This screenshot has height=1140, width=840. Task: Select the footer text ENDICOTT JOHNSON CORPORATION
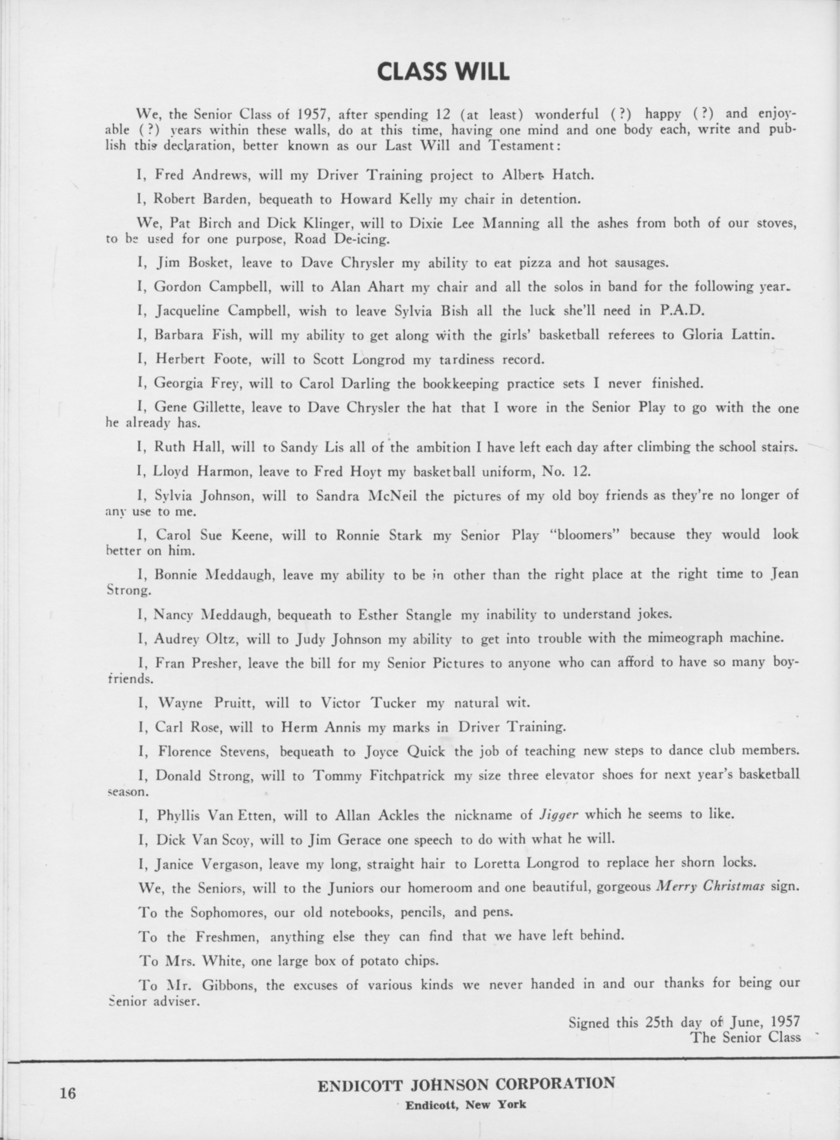[x=466, y=1084]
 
